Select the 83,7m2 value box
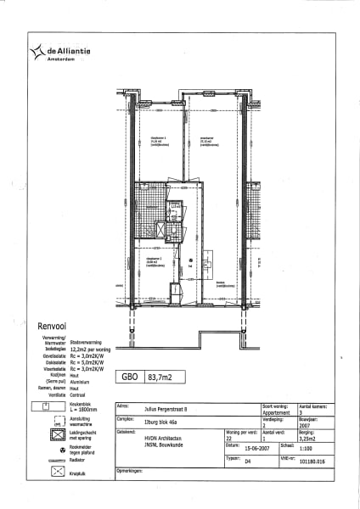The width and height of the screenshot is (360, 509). point(162,378)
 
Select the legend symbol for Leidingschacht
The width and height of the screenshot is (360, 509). point(58,436)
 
